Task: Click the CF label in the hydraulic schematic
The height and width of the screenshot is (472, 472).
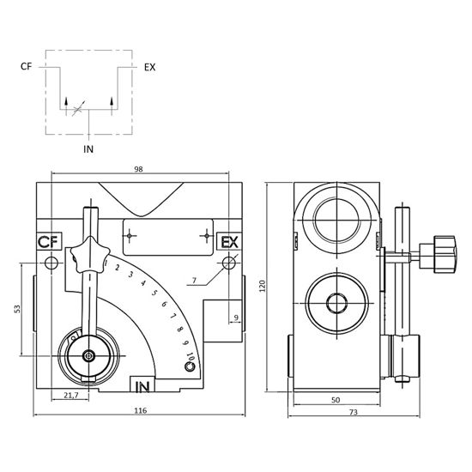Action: click(26, 67)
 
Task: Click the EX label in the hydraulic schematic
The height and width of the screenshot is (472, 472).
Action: click(149, 67)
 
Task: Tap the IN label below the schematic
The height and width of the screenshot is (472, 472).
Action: click(88, 149)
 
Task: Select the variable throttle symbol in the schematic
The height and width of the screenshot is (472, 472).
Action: click(78, 110)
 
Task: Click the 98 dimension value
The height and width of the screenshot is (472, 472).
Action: click(138, 169)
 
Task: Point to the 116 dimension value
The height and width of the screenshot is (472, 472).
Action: click(140, 410)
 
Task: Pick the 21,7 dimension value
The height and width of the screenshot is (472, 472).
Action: click(71, 396)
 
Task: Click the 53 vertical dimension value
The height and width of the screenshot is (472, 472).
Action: click(17, 309)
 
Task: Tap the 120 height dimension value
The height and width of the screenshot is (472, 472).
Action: click(263, 286)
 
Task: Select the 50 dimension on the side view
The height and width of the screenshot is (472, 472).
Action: click(336, 400)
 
